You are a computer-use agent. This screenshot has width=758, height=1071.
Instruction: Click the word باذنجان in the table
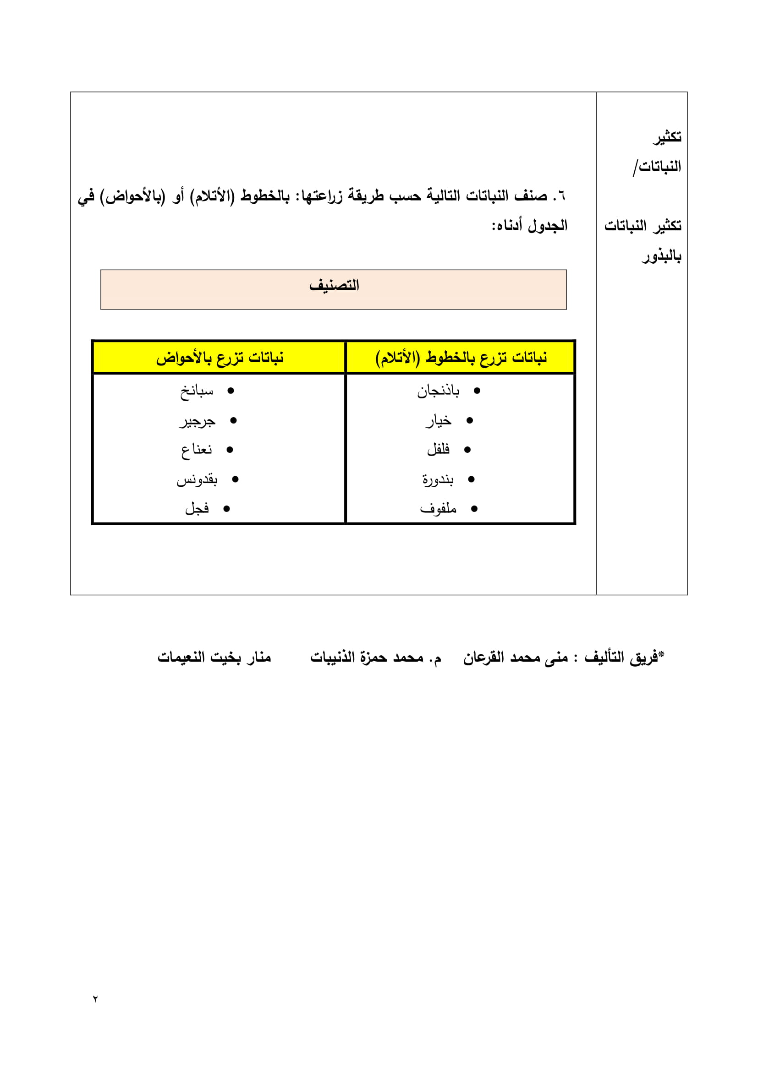click(438, 391)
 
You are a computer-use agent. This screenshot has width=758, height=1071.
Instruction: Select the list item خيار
click(439, 421)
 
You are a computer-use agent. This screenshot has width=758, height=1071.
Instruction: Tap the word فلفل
click(438, 450)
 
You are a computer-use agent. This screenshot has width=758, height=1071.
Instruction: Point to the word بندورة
click(438, 479)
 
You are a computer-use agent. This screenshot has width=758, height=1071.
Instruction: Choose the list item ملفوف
click(438, 508)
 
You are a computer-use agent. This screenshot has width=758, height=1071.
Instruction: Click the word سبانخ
click(197, 391)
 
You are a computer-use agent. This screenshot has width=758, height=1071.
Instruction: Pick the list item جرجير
click(198, 421)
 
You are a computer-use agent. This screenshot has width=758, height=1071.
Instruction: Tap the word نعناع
click(197, 450)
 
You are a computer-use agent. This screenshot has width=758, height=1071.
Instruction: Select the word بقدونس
click(197, 479)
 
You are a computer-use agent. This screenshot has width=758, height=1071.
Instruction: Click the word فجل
click(197, 508)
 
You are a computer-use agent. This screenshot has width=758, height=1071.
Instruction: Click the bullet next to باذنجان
click(477, 391)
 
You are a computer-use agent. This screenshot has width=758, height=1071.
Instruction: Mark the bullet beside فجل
click(226, 509)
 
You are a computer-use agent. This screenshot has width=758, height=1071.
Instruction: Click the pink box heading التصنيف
click(334, 285)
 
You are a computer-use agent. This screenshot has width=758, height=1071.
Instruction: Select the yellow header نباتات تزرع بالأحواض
click(220, 358)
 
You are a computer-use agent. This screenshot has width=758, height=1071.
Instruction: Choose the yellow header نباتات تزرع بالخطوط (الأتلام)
click(461, 358)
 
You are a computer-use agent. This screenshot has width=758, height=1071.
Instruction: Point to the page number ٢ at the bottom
click(95, 999)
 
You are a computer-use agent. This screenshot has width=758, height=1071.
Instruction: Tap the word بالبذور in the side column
click(661, 256)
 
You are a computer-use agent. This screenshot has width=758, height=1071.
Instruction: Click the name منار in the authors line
click(258, 657)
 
